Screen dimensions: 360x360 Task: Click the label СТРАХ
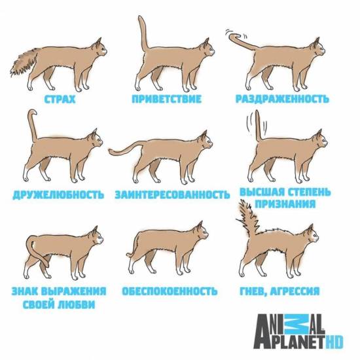click(60, 99)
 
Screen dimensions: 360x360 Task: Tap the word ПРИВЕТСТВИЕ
click(167, 99)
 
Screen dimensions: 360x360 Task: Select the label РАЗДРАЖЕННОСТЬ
click(282, 99)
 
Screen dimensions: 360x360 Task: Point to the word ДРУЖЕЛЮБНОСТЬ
click(58, 194)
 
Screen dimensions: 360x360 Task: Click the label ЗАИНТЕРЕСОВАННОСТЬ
click(172, 194)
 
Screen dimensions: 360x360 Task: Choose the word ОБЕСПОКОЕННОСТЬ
click(170, 291)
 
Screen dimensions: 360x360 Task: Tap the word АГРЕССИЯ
click(295, 291)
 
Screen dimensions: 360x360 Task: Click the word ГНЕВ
click(252, 292)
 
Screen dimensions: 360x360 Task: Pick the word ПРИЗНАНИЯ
click(285, 204)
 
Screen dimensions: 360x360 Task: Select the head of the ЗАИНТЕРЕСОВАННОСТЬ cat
click(205, 141)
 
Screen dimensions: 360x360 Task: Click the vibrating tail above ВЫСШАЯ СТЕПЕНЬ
click(258, 126)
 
